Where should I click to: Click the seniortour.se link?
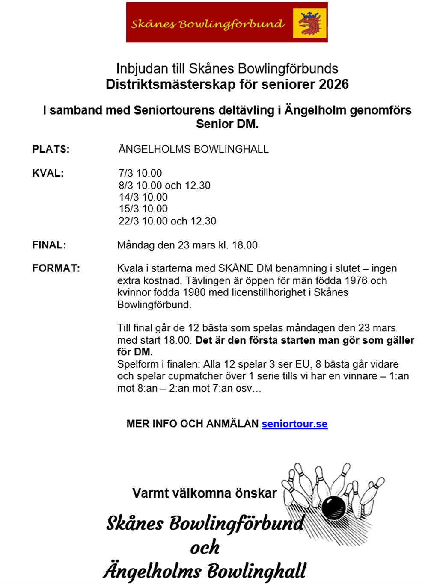294,424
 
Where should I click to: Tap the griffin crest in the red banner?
310,23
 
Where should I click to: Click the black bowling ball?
333,507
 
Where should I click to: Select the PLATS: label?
51,149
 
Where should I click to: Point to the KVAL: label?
48,173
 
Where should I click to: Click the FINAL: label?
49,245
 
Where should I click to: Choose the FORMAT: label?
56,268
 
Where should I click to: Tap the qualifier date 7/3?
126,173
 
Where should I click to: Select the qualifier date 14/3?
129,197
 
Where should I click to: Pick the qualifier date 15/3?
129,209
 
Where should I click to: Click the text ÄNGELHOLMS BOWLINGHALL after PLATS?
193,149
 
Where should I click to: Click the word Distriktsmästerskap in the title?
170,84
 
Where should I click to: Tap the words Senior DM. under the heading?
227,124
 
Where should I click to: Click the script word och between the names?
205,547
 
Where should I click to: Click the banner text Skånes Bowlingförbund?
208,24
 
